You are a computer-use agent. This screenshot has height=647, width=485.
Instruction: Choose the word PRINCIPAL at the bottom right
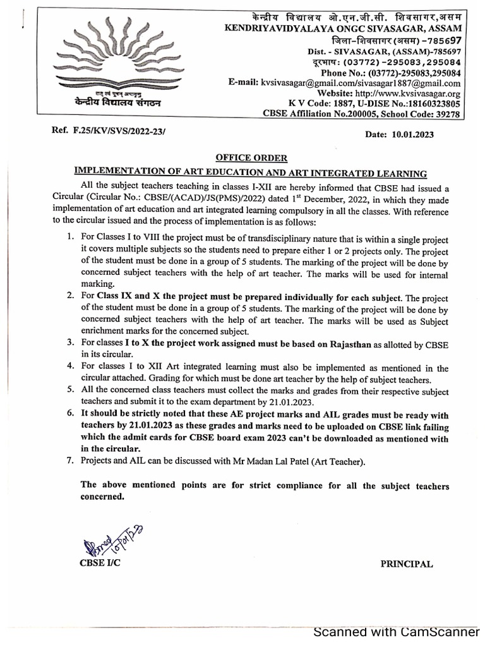pos(406,564)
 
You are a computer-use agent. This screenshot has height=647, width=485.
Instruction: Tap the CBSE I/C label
pos(99,562)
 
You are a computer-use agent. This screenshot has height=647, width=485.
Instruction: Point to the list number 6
pos(71,414)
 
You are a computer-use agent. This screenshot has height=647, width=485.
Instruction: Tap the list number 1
pos(71,240)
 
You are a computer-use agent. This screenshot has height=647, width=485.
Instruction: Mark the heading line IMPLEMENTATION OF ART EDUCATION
pos(251,172)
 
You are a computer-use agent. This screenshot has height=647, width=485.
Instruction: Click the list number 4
pos(71,368)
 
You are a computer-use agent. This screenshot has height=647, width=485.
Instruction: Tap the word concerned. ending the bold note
pos(103,497)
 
